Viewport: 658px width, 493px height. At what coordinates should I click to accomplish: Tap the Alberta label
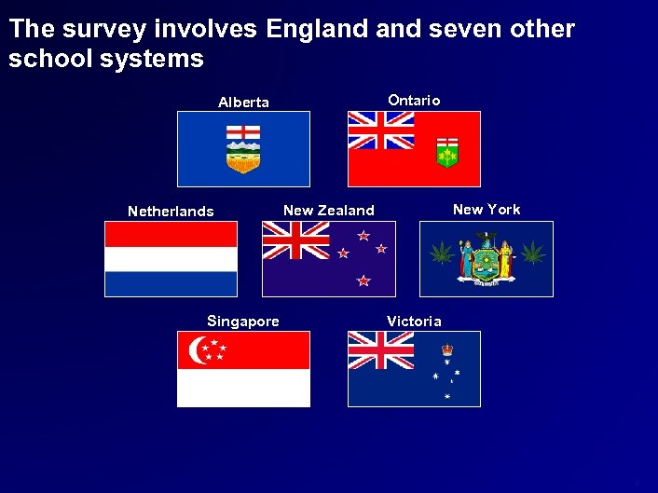click(x=243, y=103)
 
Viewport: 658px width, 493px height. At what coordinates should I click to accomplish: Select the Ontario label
click(x=414, y=100)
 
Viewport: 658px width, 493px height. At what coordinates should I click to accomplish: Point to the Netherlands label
click(x=171, y=212)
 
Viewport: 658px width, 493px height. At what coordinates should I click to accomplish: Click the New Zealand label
click(x=328, y=211)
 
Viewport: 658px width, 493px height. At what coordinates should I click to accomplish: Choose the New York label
click(x=487, y=210)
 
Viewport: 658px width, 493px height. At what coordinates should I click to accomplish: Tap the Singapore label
click(x=242, y=322)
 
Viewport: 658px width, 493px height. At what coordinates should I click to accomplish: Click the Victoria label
click(x=414, y=322)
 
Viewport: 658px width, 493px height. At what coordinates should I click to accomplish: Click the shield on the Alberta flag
click(x=243, y=149)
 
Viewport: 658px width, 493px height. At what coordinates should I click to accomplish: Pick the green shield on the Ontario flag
click(x=447, y=152)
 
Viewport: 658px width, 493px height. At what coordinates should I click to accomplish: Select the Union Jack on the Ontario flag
click(x=381, y=130)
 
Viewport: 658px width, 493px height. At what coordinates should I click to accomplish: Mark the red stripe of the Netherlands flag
click(x=171, y=234)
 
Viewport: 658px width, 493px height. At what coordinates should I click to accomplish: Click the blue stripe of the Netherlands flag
click(x=171, y=283)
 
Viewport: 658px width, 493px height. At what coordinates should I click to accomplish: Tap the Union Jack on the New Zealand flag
click(x=295, y=240)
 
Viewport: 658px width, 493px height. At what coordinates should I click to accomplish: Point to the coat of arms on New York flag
click(x=486, y=258)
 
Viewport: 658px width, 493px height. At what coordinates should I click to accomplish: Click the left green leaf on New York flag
click(x=441, y=253)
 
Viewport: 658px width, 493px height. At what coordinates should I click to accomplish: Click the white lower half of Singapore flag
click(x=243, y=388)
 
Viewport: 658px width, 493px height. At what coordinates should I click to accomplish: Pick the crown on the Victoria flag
click(x=447, y=349)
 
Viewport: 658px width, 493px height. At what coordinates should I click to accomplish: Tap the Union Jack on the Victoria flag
click(x=381, y=350)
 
